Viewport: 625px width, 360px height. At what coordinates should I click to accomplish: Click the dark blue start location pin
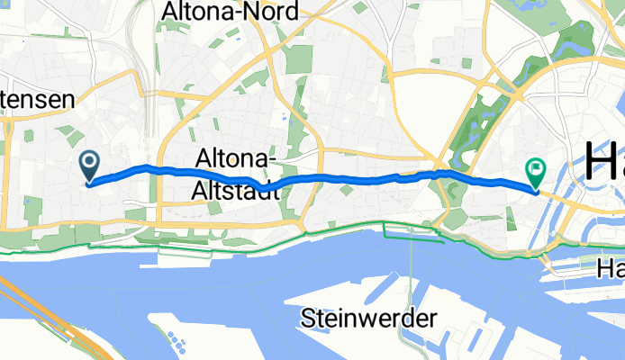pos(90,165)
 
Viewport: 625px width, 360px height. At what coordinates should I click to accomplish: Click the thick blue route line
pos(360,179)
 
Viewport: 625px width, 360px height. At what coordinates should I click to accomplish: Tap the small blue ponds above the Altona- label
pos(285,115)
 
